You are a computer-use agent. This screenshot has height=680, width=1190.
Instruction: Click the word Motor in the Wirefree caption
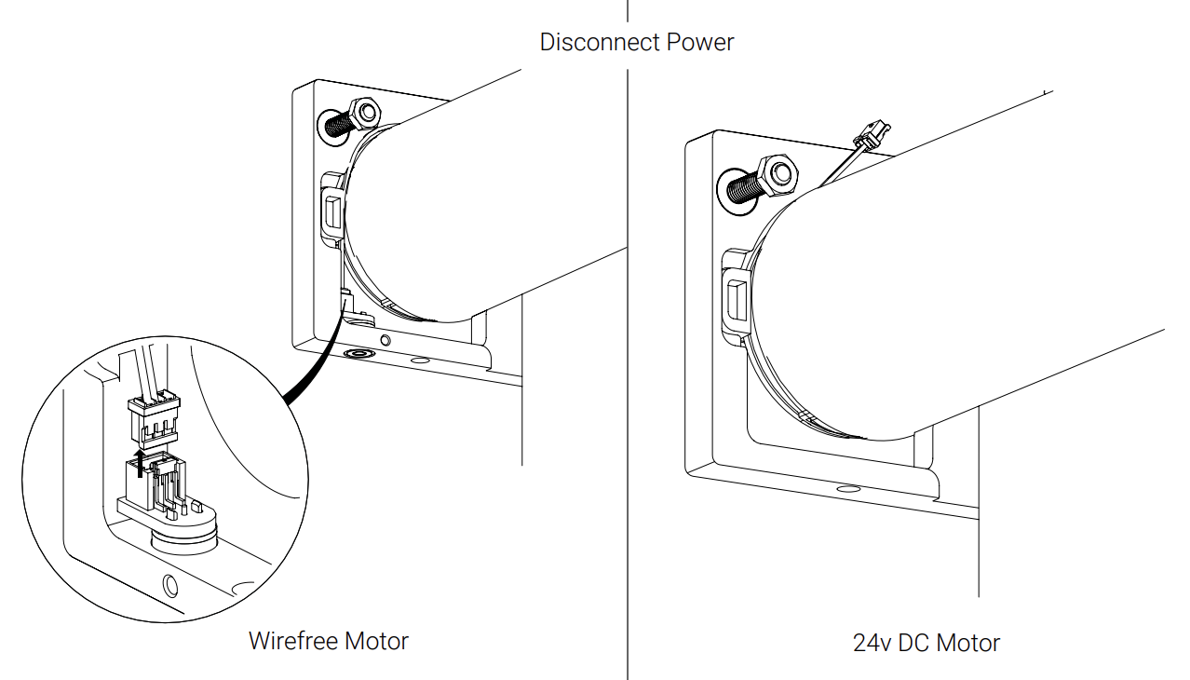coord(376,641)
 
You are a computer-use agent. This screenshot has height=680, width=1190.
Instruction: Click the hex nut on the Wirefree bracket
coord(365,114)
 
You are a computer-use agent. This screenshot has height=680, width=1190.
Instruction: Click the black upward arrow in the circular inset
coord(141,460)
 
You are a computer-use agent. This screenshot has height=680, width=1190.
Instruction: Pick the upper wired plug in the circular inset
coord(153,417)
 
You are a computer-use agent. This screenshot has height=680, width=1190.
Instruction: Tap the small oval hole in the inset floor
coord(169,586)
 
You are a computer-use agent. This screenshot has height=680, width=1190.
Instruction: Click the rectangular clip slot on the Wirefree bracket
coord(331,211)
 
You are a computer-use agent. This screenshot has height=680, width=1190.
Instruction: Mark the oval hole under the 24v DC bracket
coord(847,488)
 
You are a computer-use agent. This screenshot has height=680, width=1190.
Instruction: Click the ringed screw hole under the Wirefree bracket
coord(356,355)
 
